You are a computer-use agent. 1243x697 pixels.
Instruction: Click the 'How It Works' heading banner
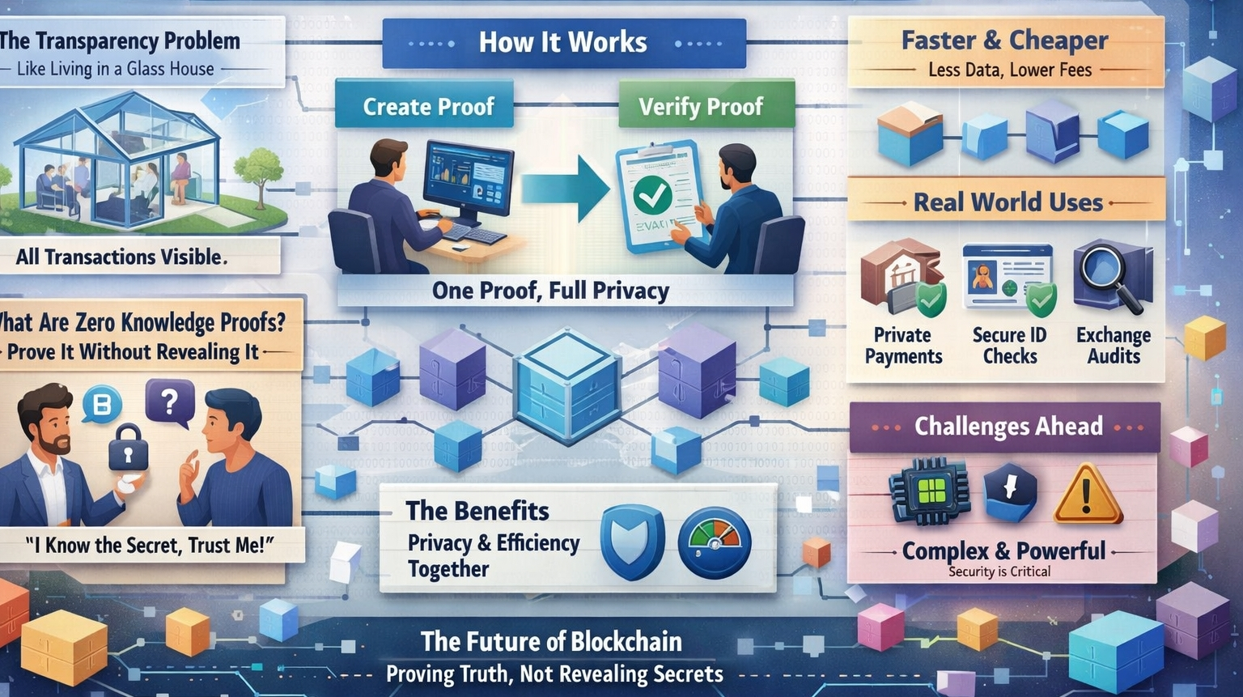click(563, 42)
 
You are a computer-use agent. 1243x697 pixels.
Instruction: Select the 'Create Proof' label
click(428, 106)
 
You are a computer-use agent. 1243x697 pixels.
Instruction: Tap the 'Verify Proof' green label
click(701, 106)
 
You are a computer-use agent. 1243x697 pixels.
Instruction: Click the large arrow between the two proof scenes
click(566, 189)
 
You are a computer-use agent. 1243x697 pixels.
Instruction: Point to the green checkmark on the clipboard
click(652, 194)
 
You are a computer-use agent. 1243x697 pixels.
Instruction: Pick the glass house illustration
click(118, 158)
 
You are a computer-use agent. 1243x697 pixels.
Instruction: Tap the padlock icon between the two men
click(129, 446)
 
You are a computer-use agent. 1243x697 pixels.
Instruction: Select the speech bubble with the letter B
click(103, 403)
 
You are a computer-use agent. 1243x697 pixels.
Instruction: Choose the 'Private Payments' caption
click(903, 346)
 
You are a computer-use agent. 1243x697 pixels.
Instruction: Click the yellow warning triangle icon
click(1088, 494)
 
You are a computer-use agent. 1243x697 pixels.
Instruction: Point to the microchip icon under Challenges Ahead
click(931, 491)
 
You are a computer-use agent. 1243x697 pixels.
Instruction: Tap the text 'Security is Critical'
click(999, 572)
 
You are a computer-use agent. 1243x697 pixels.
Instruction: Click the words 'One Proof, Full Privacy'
click(550, 291)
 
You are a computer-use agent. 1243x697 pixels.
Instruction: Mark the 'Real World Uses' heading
click(1008, 202)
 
